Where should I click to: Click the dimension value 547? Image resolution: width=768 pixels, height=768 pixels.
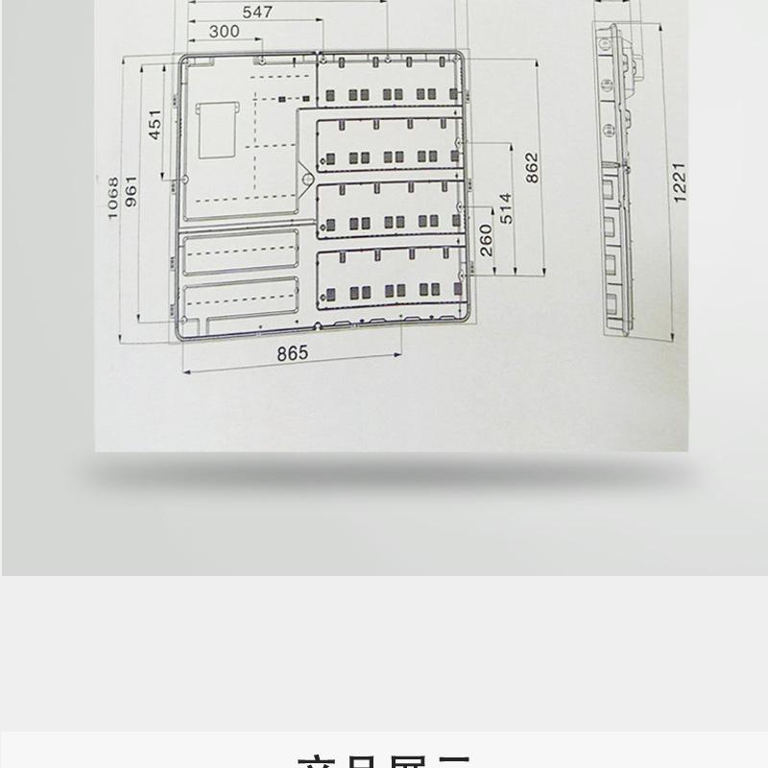tap(257, 12)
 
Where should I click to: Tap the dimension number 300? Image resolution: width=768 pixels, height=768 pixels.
tap(223, 32)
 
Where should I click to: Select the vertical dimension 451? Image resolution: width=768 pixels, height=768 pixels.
tap(156, 125)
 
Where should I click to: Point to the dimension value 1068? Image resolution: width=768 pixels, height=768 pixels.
tap(113, 197)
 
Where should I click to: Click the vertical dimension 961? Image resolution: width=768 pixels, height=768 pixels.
tap(132, 197)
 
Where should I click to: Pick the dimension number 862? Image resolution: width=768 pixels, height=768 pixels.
tap(533, 168)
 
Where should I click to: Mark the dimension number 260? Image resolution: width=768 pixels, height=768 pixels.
tap(487, 239)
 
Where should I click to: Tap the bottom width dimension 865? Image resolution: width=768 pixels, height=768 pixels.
tap(293, 352)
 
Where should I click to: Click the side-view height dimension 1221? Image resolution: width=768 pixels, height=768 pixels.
tap(680, 181)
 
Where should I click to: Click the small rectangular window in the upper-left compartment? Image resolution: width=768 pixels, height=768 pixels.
tap(217, 130)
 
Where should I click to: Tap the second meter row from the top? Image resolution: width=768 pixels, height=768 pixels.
tap(389, 145)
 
